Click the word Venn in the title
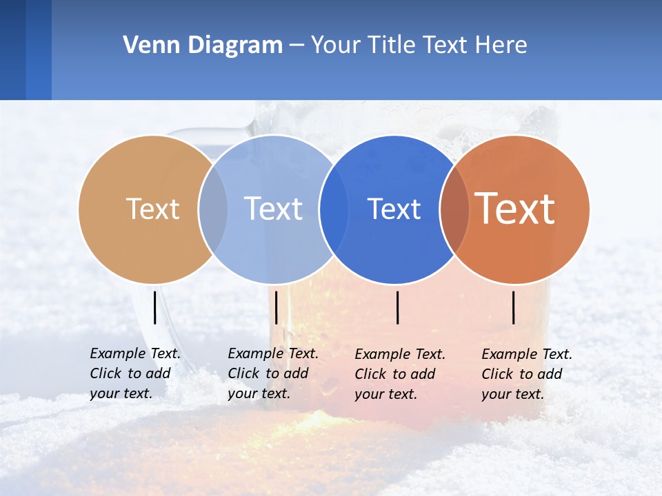pyautogui.click(x=148, y=45)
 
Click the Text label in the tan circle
pyautogui.click(x=152, y=209)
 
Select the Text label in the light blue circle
pyautogui.click(x=273, y=209)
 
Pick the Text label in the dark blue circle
pyautogui.click(x=394, y=209)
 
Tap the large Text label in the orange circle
pyautogui.click(x=515, y=209)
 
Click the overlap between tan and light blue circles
pyautogui.click(x=213, y=209)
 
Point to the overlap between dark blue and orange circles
pyautogui.click(x=454, y=209)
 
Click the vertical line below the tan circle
pyautogui.click(x=154, y=307)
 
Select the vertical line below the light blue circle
pyautogui.click(x=276, y=307)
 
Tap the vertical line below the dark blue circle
pyautogui.click(x=398, y=307)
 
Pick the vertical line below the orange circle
pyautogui.click(x=514, y=307)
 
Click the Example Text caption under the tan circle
pyautogui.click(x=134, y=373)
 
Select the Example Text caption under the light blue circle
pyautogui.click(x=272, y=373)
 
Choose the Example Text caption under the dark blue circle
pyautogui.click(x=399, y=374)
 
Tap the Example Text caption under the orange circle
pyautogui.click(x=526, y=374)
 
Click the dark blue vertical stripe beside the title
pyautogui.click(x=38, y=50)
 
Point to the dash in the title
pyautogui.click(x=297, y=45)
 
